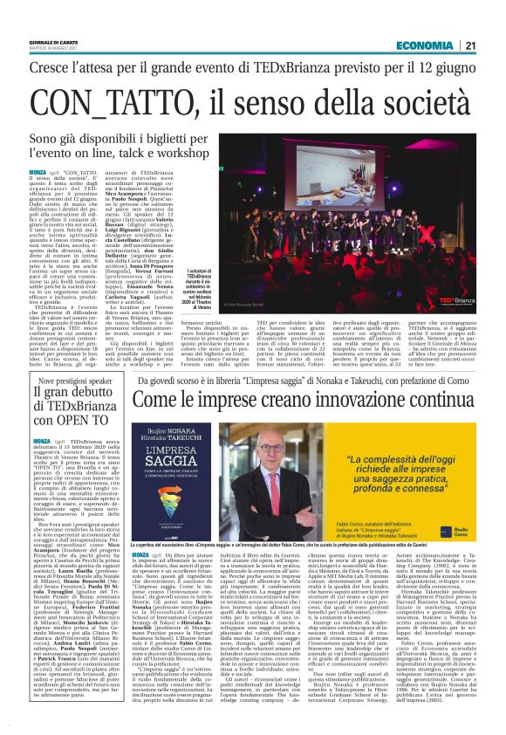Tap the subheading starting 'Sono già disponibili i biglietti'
123,145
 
